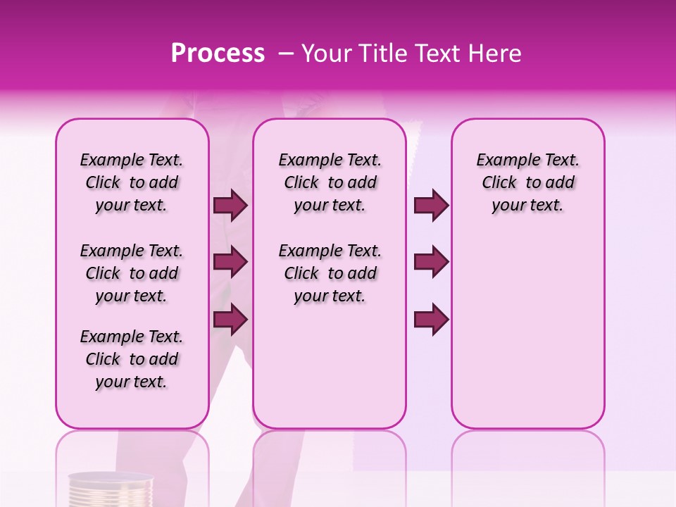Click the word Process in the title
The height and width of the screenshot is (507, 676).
218,54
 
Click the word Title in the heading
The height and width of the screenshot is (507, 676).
381,54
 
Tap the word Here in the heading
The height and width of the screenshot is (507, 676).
495,54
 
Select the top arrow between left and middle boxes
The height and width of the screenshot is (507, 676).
230,205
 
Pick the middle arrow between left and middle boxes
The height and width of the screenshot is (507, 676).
230,262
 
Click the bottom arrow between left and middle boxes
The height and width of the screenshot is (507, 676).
230,319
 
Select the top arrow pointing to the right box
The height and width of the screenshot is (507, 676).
431,205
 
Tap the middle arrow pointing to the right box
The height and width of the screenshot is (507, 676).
431,262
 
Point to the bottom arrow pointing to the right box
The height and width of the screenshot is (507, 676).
431,319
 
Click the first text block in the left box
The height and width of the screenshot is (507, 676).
132,182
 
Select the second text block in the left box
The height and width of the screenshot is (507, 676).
132,273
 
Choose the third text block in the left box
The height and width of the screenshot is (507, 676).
132,359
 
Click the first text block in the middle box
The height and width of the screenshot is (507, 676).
330,182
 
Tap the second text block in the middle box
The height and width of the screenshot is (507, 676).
330,273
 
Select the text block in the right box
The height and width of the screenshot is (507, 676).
527,182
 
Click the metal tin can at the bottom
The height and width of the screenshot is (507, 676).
111,490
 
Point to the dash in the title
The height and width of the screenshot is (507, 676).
286,54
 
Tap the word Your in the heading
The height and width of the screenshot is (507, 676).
326,54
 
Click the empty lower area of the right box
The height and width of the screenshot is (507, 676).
527,331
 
